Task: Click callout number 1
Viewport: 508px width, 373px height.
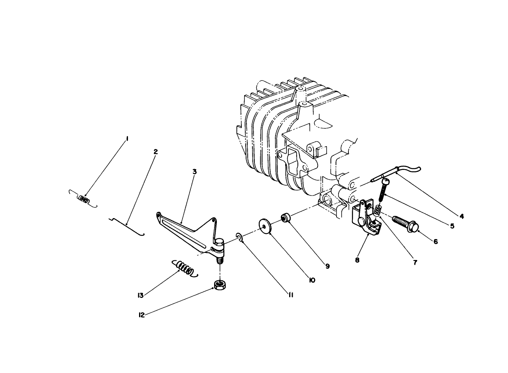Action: [x=127, y=139]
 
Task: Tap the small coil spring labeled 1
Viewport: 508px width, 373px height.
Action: [x=83, y=199]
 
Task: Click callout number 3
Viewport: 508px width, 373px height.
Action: [x=194, y=171]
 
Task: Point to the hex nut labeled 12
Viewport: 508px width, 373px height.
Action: [x=219, y=284]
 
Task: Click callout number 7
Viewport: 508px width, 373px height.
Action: [x=415, y=262]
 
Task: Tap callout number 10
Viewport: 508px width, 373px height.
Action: [x=312, y=280]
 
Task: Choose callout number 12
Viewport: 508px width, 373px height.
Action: [x=141, y=315]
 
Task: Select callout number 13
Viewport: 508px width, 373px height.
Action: [x=141, y=295]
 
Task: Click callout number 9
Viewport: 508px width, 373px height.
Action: [x=327, y=266]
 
